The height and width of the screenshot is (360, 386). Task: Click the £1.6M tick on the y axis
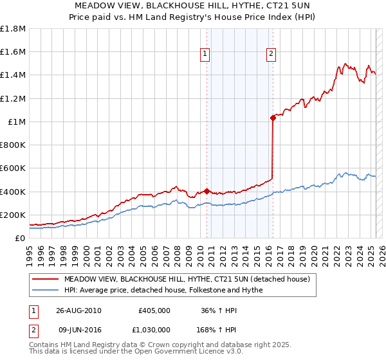[14, 52]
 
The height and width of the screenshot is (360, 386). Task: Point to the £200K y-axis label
[14, 215]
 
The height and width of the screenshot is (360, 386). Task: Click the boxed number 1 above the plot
[205, 55]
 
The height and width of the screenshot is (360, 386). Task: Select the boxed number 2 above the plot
[271, 55]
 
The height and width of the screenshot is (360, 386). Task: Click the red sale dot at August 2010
[207, 191]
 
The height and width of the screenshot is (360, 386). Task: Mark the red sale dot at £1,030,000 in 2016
[273, 118]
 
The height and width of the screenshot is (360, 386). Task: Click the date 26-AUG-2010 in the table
[78, 310]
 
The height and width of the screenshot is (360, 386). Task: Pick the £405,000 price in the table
[154, 310]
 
